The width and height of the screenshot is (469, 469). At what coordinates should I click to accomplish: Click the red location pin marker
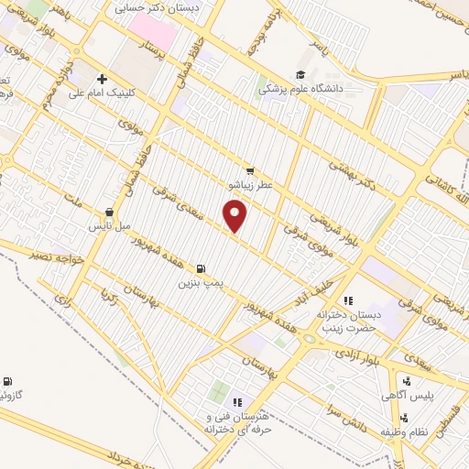coord(235,216)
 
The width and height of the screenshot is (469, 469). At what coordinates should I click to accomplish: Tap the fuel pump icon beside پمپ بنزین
coord(201,269)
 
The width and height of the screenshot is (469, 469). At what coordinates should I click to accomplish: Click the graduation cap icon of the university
coord(300,75)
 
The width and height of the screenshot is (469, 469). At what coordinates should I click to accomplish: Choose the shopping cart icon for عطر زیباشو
coord(250,171)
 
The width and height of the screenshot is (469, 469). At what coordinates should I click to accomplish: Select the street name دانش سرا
coord(353,423)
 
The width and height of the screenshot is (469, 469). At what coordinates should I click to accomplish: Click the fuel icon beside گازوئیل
coord(8,381)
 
